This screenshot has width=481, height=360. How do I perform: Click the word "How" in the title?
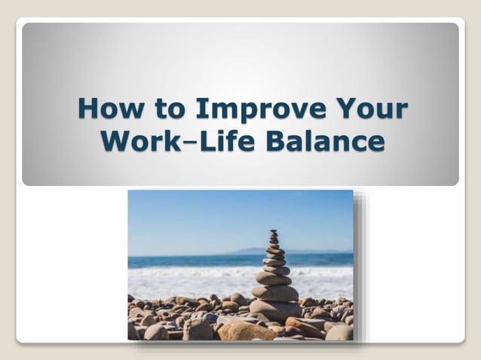(104, 110)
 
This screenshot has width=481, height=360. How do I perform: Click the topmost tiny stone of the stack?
(274, 233)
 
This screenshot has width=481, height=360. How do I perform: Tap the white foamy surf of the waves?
(196, 280)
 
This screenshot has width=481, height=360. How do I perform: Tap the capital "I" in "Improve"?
(201, 110)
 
